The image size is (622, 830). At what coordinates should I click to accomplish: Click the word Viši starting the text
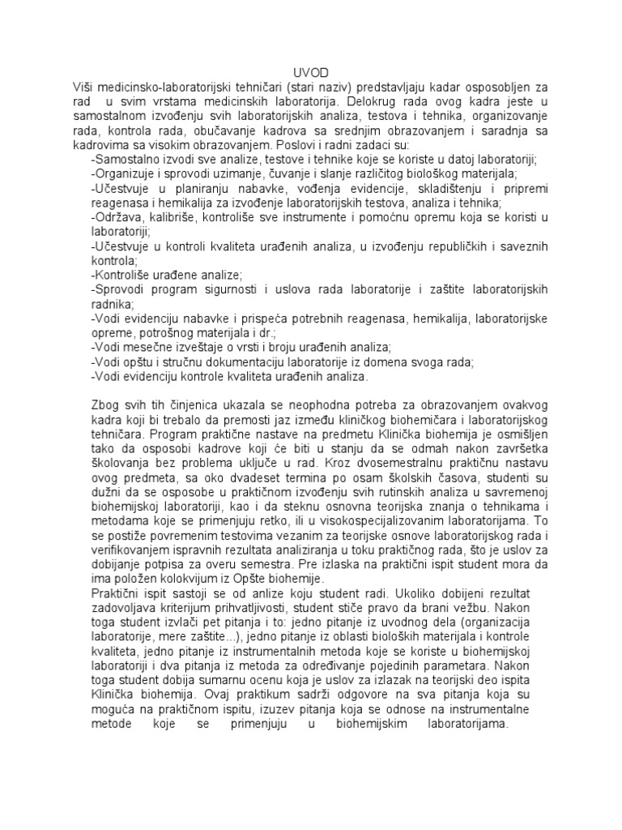tap(83, 87)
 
